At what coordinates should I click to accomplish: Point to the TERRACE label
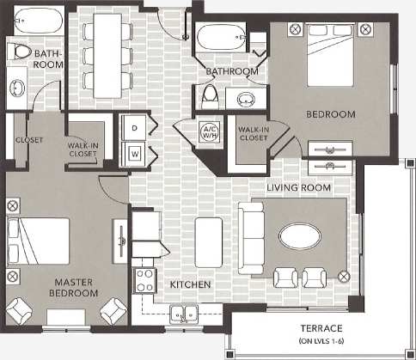pyautogui.click(x=321, y=329)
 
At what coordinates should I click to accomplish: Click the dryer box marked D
pyautogui.click(x=135, y=126)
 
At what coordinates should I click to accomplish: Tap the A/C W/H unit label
pyautogui.click(x=209, y=132)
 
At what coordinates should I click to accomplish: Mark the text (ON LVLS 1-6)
pyautogui.click(x=321, y=342)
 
